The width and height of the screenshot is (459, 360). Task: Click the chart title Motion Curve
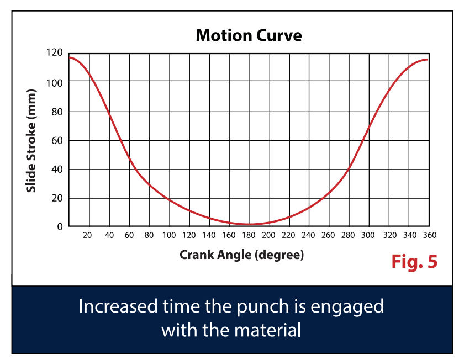tap(249, 35)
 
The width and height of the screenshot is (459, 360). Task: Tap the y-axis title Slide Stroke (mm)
tap(31, 140)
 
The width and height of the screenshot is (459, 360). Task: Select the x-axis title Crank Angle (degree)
tap(241, 255)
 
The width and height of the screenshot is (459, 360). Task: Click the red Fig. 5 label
tap(414, 261)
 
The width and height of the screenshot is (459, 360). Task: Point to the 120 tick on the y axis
tap(55, 52)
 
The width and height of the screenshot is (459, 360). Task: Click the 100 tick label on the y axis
tap(55, 83)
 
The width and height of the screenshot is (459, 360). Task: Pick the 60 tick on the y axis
tap(57, 141)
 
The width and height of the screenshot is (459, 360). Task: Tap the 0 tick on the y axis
tap(60, 227)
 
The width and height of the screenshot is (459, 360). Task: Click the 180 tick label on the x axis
tap(249, 235)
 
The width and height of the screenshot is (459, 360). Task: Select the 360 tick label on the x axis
tap(430, 235)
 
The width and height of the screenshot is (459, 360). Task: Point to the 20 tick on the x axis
tap(87, 235)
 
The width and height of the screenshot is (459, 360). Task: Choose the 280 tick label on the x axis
tap(348, 235)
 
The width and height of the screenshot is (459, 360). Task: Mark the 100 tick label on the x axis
tap(169, 235)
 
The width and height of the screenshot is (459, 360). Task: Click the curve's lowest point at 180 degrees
tap(250, 225)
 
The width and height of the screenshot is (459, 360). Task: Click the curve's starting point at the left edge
tap(70, 57)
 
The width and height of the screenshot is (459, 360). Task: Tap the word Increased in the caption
tap(118, 306)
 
